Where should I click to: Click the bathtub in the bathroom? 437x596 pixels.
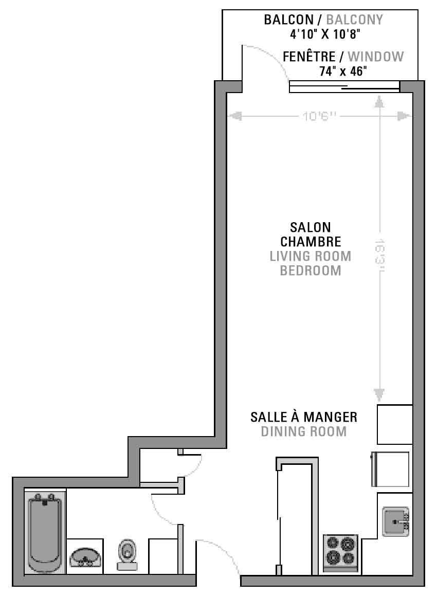(44, 532)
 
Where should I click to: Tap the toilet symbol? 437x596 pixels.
(128, 554)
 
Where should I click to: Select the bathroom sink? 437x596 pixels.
(85, 557)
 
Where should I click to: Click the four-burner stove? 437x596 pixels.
(340, 552)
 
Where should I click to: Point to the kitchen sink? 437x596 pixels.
(395, 521)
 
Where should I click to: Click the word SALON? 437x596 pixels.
(311, 227)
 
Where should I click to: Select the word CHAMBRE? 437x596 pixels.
(311, 242)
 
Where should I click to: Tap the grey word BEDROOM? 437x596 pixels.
(311, 270)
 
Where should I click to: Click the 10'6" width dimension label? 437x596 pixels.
(320, 116)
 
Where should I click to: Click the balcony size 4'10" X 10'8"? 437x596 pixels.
(325, 34)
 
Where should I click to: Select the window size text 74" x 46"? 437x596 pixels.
(343, 71)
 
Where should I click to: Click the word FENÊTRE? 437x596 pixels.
(309, 57)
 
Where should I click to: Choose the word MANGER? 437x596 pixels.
(330, 417)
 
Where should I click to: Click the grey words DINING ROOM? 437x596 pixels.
(304, 431)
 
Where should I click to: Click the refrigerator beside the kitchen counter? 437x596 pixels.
(390, 469)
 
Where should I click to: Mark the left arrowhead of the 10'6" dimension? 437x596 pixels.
(236, 116)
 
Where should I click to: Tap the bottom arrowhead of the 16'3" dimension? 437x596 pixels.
(379, 395)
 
